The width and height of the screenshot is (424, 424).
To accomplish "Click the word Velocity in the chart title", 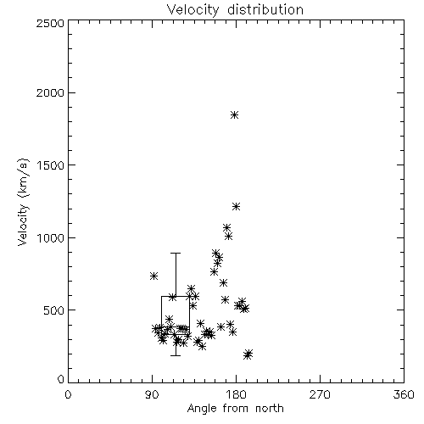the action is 193,10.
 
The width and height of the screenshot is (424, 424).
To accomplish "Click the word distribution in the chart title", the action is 265,9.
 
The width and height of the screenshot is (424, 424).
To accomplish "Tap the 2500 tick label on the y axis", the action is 50,23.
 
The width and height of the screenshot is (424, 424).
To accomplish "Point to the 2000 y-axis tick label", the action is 50,92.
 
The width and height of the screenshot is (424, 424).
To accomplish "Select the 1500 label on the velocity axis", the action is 51,165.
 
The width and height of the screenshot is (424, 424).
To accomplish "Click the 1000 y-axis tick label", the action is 51,237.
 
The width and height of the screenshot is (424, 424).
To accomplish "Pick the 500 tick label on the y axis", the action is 54,310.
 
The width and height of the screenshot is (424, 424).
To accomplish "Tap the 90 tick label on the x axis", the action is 152,394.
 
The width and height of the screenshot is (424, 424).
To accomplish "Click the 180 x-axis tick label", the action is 236,394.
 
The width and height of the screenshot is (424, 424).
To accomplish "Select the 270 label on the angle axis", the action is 320,394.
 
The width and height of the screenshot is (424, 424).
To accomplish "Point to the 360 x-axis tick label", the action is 404,394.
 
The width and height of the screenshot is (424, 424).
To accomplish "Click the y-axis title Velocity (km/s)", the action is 23,202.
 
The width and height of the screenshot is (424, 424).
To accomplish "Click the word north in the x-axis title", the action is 270,409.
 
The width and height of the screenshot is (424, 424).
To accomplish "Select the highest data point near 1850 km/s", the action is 234,115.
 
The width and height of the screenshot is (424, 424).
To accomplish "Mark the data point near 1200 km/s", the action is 236,207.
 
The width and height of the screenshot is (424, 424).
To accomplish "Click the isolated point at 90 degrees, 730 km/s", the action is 153,276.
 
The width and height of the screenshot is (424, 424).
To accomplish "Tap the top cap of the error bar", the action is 176,254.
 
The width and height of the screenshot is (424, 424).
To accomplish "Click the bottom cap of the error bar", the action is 176,355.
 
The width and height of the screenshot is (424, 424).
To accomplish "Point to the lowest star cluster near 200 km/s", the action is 248,354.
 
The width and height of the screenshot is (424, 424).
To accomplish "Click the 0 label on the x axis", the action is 68,394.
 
